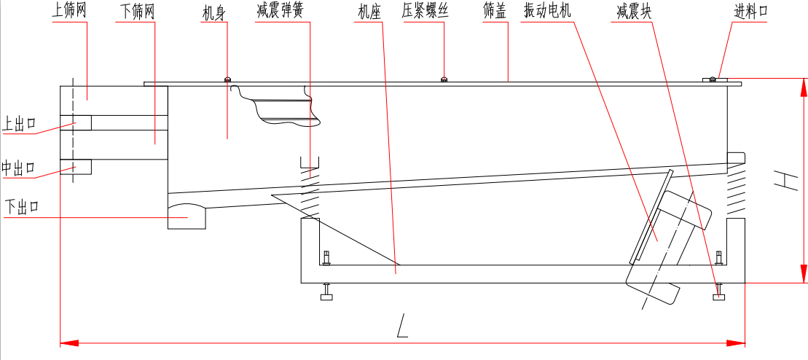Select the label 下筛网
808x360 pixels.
tap(136, 12)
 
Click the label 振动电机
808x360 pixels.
tap(548, 12)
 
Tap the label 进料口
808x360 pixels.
tap(750, 12)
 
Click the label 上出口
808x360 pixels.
tap(20, 124)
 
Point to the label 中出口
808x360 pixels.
tap(18, 168)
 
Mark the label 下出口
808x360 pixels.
tap(21, 207)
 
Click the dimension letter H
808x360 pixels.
tap(784, 181)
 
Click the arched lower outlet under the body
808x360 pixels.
tap(187, 215)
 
